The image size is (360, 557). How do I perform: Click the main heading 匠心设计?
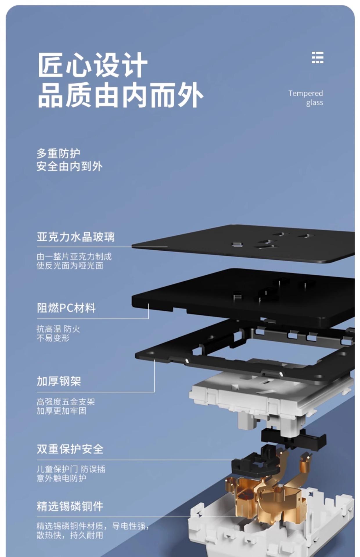tap(92, 65)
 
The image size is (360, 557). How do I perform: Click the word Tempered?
tap(305, 93)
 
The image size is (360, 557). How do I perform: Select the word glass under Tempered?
tap(314, 103)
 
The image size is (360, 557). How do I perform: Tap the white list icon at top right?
tap(317, 57)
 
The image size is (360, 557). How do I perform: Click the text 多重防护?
tap(58, 153)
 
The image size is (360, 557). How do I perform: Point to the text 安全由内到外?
tap(69, 167)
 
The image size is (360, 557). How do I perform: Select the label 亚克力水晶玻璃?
tap(75, 237)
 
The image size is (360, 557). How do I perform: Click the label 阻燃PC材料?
tap(66, 308)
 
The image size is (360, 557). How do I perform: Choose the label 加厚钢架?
tap(59, 381)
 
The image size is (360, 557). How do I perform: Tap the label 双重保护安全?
tap(70, 449)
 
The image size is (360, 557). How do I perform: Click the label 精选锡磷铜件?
tap(70, 506)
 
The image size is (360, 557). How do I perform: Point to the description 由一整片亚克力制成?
tap(74, 256)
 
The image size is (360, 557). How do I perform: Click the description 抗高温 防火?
tap(58, 329)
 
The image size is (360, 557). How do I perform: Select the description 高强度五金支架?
tap(66, 402)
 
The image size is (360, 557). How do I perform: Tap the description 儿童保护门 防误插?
tap(71, 469)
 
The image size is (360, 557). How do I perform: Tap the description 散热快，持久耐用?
tap(70, 535)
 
